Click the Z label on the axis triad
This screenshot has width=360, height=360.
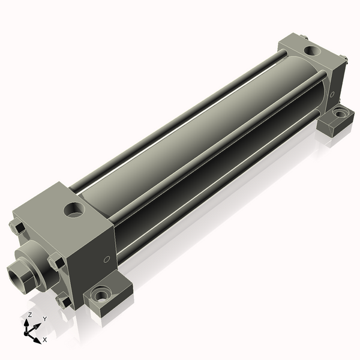(x=29, y=314)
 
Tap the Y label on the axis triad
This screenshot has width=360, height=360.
(x=45, y=319)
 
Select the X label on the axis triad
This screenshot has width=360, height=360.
(x=45, y=340)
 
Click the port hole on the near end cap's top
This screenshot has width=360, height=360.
(x=74, y=210)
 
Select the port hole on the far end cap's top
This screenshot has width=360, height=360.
(x=312, y=51)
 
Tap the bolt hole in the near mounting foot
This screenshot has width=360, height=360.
(x=100, y=295)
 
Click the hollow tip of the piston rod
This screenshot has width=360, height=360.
(x=16, y=278)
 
